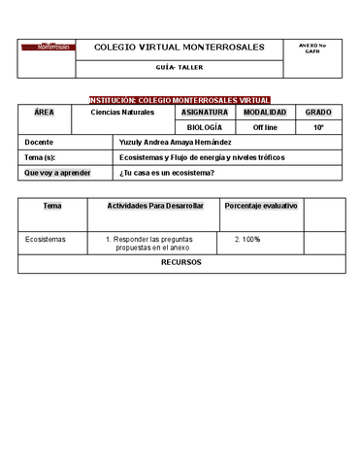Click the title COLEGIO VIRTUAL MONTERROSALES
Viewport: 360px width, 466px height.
click(x=179, y=48)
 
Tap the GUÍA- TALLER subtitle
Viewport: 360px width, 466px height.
click(x=179, y=68)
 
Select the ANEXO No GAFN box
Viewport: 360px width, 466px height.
click(x=311, y=48)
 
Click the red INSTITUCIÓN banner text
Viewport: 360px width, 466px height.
click(x=180, y=100)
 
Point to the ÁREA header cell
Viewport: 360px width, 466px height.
click(x=44, y=113)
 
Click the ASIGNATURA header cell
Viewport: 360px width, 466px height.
click(x=206, y=113)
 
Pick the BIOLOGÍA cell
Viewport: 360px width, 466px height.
click(x=205, y=127)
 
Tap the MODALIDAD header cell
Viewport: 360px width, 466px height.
click(x=264, y=113)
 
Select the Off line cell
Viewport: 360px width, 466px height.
click(x=264, y=127)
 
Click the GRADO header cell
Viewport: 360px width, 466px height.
click(x=318, y=113)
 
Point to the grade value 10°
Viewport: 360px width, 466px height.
click(x=318, y=127)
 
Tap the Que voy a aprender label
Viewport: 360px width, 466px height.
click(x=55, y=173)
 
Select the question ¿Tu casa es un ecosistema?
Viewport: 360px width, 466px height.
click(x=166, y=173)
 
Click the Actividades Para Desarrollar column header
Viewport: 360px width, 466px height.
click(x=155, y=206)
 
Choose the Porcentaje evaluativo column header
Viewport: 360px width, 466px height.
click(x=261, y=206)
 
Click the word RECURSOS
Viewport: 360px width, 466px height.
click(x=181, y=262)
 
